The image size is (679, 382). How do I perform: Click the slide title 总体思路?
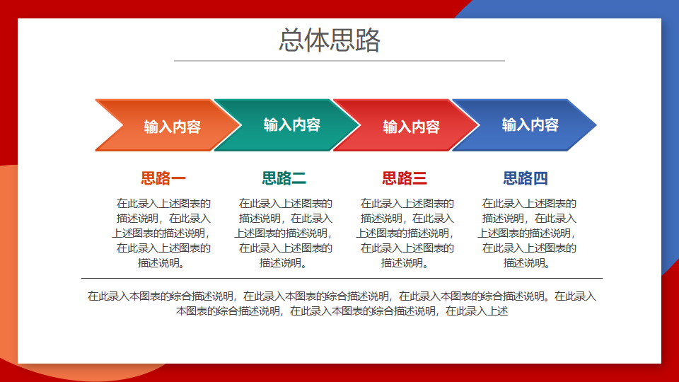coord(330,40)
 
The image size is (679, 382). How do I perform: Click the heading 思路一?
coord(163,178)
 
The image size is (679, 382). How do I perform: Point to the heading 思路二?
coord(284,178)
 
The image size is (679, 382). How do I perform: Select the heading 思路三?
coord(405,178)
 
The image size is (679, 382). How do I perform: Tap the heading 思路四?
coord(526,178)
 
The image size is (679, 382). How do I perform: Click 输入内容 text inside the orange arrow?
coord(173,127)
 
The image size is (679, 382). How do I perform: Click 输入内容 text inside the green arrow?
coord(292,125)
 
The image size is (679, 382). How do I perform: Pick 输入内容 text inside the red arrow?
coord(412,127)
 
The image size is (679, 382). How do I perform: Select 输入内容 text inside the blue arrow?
coord(530,125)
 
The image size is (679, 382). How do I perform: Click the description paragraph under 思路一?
coord(162,233)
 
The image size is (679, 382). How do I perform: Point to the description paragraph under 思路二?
coord(284,233)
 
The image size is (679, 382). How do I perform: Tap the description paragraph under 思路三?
coord(405,233)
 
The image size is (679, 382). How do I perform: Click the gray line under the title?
coord(339,61)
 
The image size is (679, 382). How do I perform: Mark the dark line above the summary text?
coord(342,278)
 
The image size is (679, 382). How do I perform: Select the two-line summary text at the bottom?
coord(342,303)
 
